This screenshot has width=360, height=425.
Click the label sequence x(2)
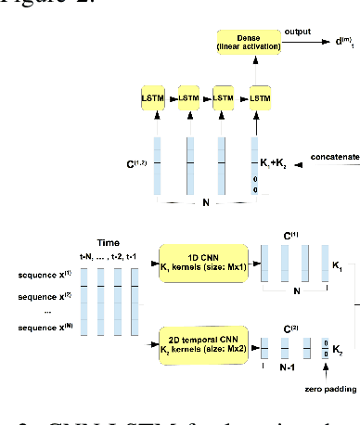point(42,299)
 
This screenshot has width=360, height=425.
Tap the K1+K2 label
point(276,163)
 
